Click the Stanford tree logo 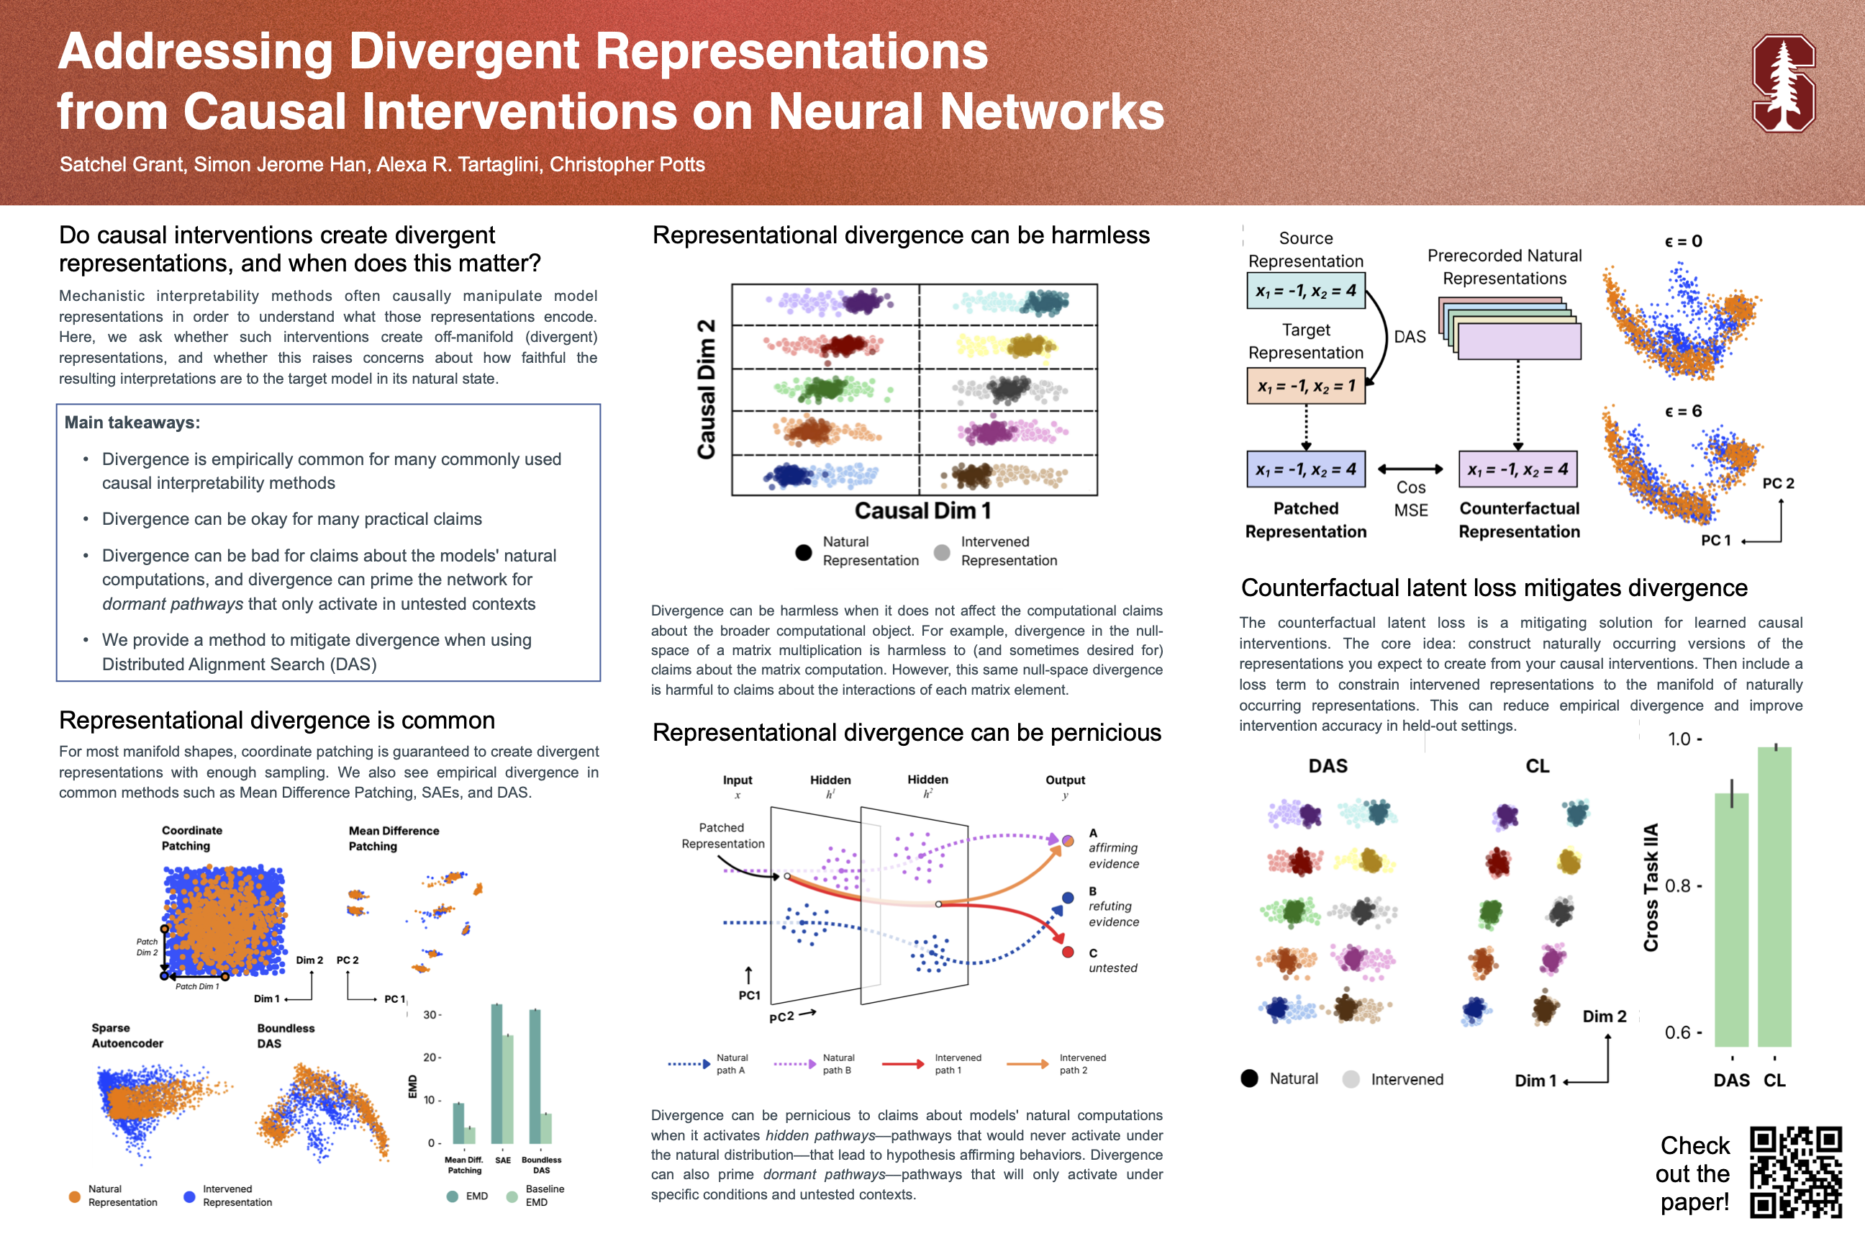[1783, 84]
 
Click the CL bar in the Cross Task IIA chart [1774, 896]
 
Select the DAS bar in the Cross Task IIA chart [1732, 920]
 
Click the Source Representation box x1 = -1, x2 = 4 [1305, 291]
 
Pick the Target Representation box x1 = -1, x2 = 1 [1305, 386]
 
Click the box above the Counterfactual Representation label [1517, 469]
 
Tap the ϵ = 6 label [1683, 411]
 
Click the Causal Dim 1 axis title [922, 511]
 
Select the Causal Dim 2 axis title [706, 389]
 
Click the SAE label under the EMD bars [503, 1160]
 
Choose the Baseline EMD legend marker [512, 1196]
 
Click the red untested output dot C [1068, 952]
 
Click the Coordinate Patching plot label [192, 838]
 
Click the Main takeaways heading [132, 422]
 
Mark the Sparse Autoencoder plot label [127, 1035]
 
